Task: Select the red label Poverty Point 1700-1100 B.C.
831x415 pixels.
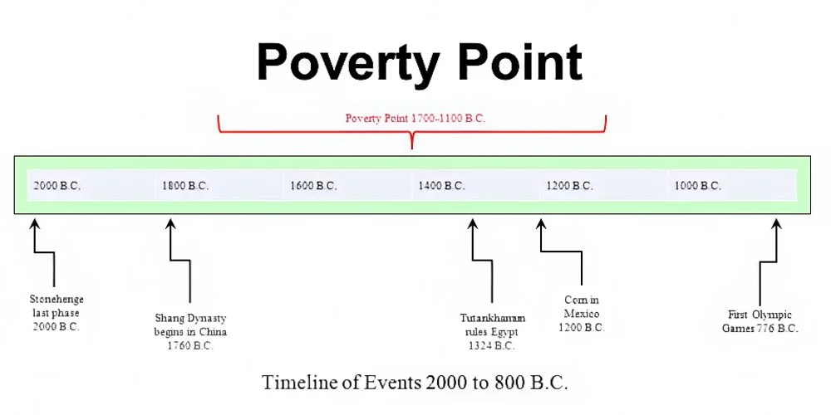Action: point(415,119)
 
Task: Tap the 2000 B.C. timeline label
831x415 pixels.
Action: point(57,186)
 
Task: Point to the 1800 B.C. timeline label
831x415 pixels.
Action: point(185,186)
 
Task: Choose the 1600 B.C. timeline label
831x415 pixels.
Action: point(313,186)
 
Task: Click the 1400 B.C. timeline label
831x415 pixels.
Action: point(441,186)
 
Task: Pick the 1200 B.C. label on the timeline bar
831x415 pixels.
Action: point(569,186)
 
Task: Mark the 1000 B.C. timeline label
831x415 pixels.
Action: point(697,186)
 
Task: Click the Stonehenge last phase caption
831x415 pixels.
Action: point(57,313)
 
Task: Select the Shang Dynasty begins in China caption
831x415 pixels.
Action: point(190,332)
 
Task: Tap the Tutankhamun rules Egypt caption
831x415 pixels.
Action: point(492,332)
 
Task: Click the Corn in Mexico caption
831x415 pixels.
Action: point(582,314)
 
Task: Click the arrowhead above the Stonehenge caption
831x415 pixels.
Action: point(34,224)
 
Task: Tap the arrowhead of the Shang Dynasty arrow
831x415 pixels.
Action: point(170,224)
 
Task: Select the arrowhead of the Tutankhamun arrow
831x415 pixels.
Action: point(472,224)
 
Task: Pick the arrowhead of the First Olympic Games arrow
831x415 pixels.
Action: point(776,224)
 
